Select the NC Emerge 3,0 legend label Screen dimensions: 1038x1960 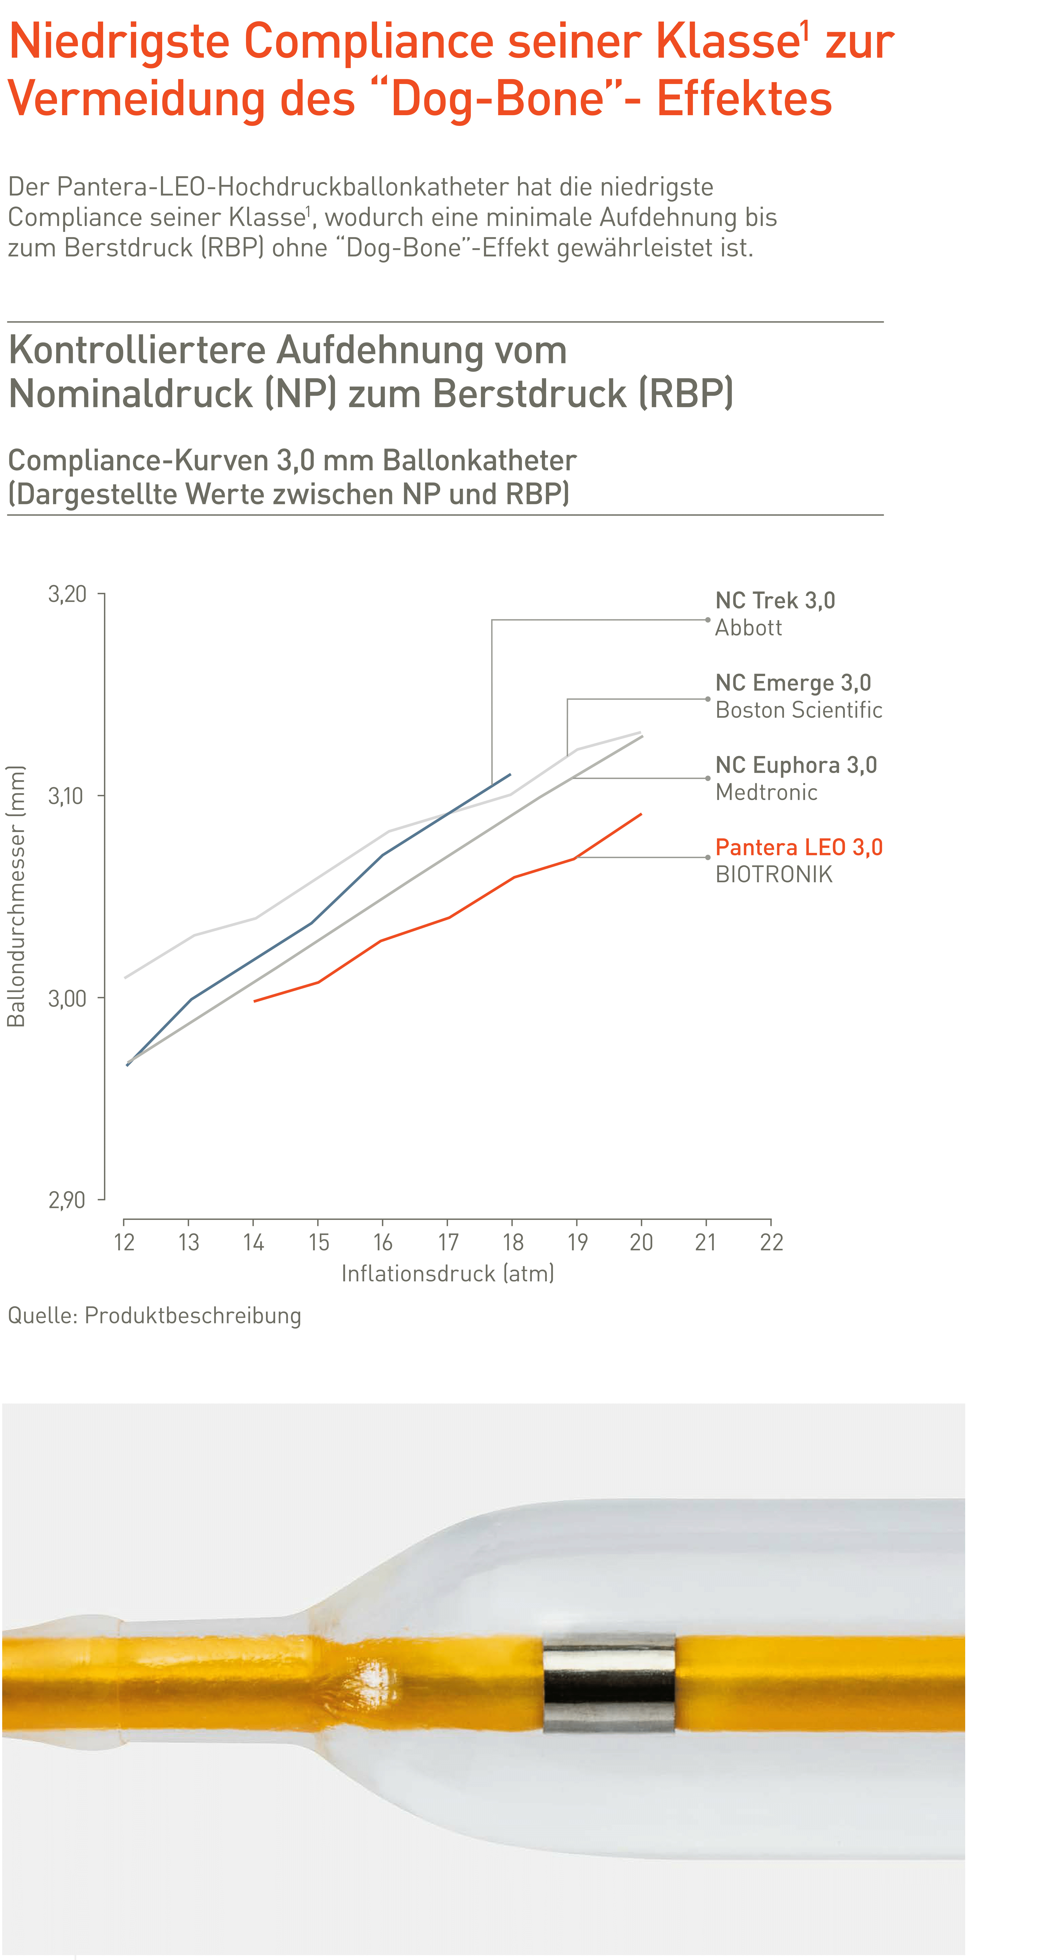[x=793, y=683]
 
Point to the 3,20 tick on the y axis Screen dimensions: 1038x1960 [x=67, y=594]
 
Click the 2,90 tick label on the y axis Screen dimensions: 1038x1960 [x=67, y=1200]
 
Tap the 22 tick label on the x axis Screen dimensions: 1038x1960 [x=771, y=1243]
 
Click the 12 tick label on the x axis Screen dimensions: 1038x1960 [x=124, y=1243]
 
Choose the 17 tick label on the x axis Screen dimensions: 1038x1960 [x=448, y=1243]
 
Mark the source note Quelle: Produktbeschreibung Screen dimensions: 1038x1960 [x=154, y=1316]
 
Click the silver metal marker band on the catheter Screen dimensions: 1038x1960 [x=609, y=1683]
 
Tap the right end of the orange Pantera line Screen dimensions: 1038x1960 [x=642, y=814]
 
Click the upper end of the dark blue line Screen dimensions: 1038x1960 [x=510, y=774]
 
